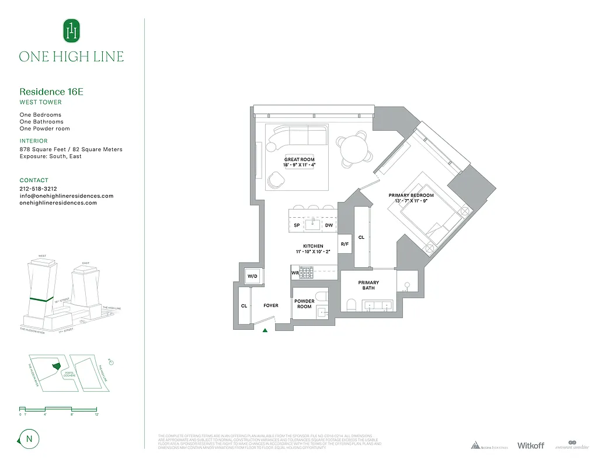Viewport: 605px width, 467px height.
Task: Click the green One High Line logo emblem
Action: pos(71,30)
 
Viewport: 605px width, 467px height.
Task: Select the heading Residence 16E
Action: pos(47,92)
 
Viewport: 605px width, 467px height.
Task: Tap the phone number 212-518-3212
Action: pos(38,189)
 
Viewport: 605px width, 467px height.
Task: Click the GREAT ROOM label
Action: pos(299,159)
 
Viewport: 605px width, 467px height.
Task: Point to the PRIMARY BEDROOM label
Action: pos(412,195)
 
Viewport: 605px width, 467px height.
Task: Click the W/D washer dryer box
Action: pos(252,276)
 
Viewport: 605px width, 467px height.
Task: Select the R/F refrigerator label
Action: pos(345,243)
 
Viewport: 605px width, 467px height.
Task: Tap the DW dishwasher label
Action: pos(329,225)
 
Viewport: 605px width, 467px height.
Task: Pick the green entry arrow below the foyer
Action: pos(265,330)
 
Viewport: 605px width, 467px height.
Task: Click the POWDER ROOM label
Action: pos(304,304)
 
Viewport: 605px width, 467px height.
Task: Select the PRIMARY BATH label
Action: pos(368,285)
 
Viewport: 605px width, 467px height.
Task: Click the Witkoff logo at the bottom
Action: pos(530,445)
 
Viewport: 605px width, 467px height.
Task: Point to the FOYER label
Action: pos(271,305)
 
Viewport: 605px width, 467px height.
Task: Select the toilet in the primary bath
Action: pos(351,304)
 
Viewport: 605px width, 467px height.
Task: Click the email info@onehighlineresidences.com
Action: pos(66,196)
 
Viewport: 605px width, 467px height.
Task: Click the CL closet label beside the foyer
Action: pos(244,305)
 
